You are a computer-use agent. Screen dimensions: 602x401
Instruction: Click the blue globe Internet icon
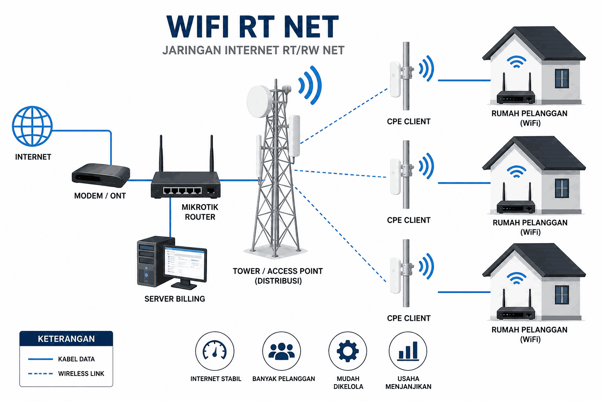[32, 126]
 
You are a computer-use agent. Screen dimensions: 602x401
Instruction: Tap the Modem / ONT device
[101, 175]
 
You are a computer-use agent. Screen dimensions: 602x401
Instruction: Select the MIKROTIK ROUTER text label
[200, 212]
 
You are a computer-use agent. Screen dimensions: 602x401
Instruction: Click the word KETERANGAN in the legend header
[66, 339]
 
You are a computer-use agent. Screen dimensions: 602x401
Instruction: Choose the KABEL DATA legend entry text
[76, 359]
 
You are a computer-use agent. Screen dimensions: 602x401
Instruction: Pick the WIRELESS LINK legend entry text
[81, 374]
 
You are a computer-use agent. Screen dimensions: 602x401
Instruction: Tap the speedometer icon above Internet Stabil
[214, 350]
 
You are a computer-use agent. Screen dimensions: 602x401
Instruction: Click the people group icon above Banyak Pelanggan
[281, 351]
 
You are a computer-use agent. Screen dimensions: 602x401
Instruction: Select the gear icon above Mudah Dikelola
[348, 351]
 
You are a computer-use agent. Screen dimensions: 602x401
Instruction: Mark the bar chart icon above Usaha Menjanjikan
[408, 351]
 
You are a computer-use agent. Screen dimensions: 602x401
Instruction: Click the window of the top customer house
[562, 78]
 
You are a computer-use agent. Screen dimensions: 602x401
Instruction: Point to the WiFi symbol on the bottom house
[516, 278]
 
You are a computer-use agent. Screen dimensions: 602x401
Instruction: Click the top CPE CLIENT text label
[408, 122]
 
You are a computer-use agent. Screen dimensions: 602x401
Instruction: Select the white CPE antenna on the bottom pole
[395, 276]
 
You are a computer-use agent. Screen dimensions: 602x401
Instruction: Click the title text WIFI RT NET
[253, 27]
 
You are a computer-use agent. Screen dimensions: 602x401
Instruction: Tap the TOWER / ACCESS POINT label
[277, 271]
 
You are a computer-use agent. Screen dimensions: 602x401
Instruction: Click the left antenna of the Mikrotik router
[161, 154]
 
